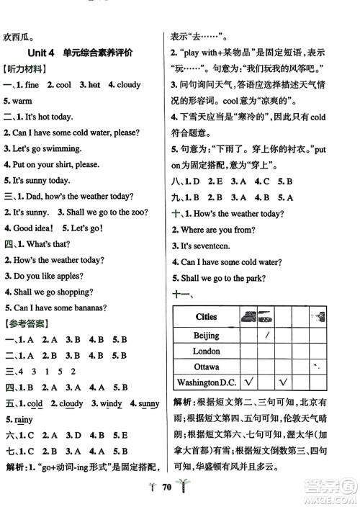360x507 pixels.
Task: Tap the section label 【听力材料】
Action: pyautogui.click(x=26, y=69)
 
